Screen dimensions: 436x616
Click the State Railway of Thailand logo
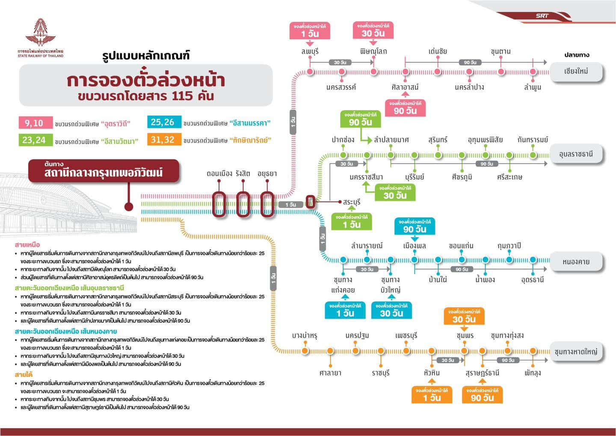tap(41, 36)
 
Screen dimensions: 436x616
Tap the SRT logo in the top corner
tap(542, 16)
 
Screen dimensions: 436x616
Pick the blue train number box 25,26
tap(163, 122)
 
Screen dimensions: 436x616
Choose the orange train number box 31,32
tap(163, 139)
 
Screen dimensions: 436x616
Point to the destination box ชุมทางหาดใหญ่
tap(576, 352)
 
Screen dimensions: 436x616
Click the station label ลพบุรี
tap(310, 51)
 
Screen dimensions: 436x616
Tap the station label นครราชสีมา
tap(366, 177)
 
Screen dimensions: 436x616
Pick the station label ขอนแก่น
tap(461, 246)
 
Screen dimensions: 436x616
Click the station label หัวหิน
tap(432, 373)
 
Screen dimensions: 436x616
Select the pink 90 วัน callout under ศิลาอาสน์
tap(405, 108)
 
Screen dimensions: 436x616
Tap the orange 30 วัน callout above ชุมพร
tap(464, 317)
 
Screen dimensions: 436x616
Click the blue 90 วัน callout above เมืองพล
tap(415, 226)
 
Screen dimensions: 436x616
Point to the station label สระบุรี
tap(352, 202)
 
